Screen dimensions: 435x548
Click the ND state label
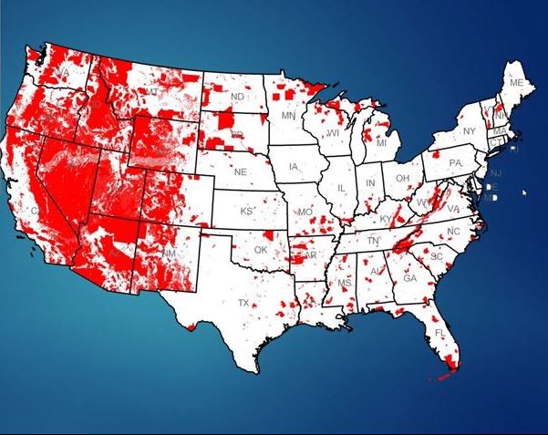[x=237, y=97]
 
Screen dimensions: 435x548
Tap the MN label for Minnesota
[x=288, y=117]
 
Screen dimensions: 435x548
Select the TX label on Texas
[x=243, y=302]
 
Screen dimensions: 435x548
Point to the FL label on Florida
[x=439, y=333]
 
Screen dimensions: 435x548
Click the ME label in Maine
[x=517, y=83]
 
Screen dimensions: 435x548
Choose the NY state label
[x=470, y=131]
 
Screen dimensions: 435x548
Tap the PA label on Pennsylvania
[x=456, y=163]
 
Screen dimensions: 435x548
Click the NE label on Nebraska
[x=241, y=171]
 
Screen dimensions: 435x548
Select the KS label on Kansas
[x=246, y=211]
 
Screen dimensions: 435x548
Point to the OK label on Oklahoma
[x=261, y=250]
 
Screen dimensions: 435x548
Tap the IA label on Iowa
[x=294, y=168]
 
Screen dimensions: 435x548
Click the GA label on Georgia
[x=410, y=278]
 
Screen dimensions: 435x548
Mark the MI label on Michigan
[x=381, y=144]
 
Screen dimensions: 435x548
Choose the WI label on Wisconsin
[x=333, y=133]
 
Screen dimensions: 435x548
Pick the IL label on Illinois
[x=342, y=188]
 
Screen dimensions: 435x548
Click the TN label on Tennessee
[x=372, y=240]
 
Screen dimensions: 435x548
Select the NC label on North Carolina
[x=453, y=233]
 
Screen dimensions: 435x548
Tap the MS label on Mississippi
[x=345, y=285]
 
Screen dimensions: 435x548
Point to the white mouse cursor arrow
[x=524, y=192]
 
